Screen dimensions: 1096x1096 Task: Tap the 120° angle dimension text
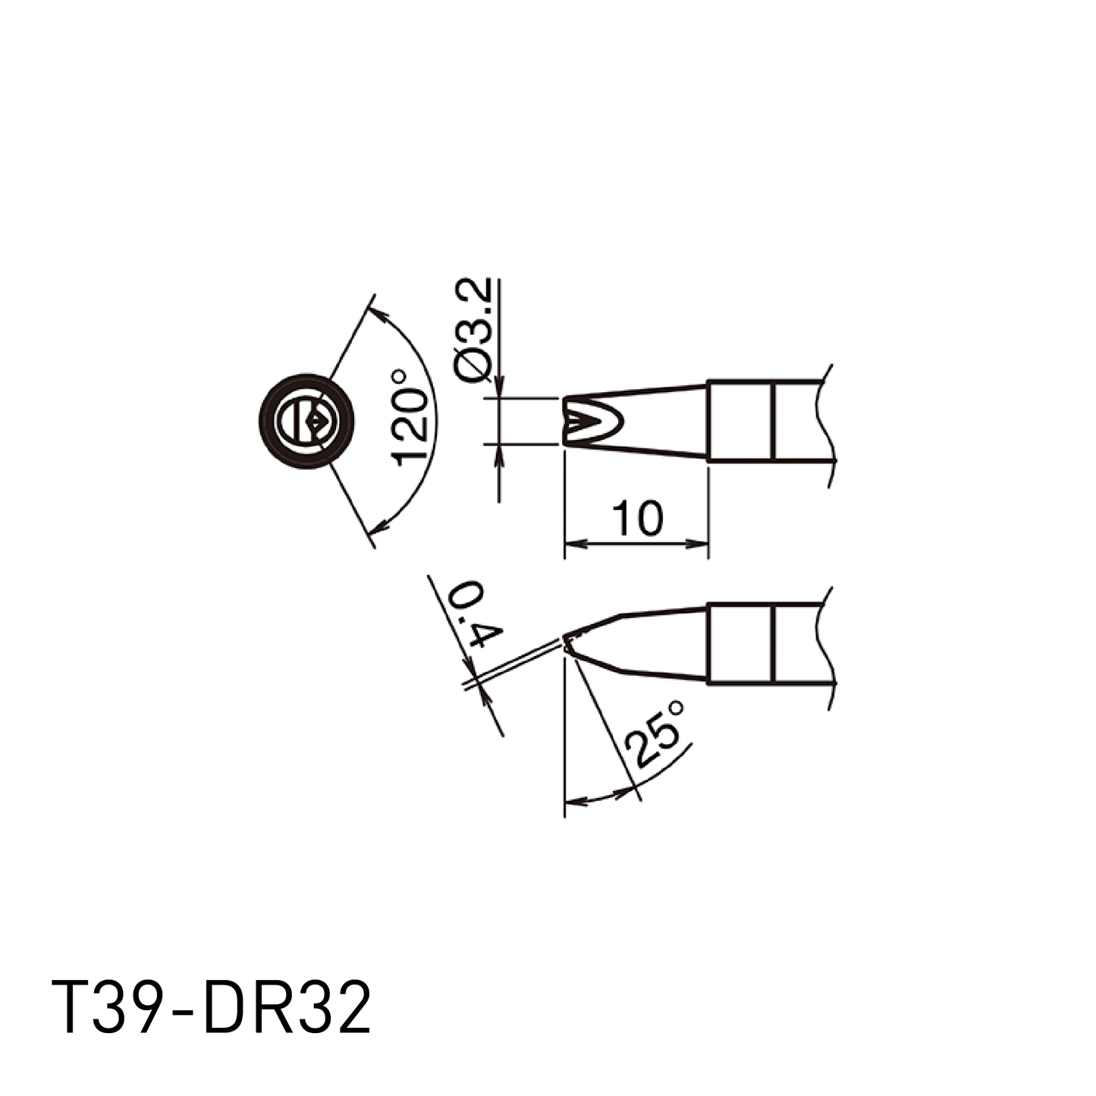point(410,418)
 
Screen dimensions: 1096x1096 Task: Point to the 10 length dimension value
point(638,519)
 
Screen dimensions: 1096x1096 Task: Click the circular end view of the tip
point(306,422)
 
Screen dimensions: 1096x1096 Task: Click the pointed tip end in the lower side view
point(565,636)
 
